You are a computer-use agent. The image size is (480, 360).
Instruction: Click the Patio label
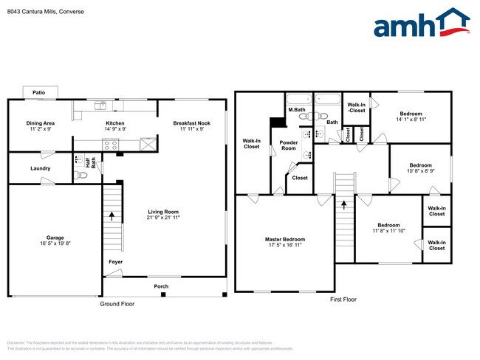coord(38,92)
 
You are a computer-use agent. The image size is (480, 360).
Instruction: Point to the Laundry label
coord(41,168)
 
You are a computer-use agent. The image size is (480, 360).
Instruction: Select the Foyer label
coord(116,261)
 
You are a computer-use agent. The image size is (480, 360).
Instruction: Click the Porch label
coord(161,286)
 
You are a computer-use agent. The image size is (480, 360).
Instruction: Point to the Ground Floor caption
coord(117,304)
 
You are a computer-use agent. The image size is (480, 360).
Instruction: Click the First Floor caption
coord(343,300)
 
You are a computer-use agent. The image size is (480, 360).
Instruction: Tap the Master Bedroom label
coord(285,239)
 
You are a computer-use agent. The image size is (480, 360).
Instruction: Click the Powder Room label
coord(288,145)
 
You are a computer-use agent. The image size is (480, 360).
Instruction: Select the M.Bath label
coord(297,110)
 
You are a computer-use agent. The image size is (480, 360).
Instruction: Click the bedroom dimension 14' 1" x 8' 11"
coord(411,120)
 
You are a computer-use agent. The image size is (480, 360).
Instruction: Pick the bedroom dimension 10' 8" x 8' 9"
coord(421,171)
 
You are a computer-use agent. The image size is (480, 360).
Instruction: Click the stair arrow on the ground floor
coord(112,215)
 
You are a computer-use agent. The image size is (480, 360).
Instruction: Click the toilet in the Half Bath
coord(82,175)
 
